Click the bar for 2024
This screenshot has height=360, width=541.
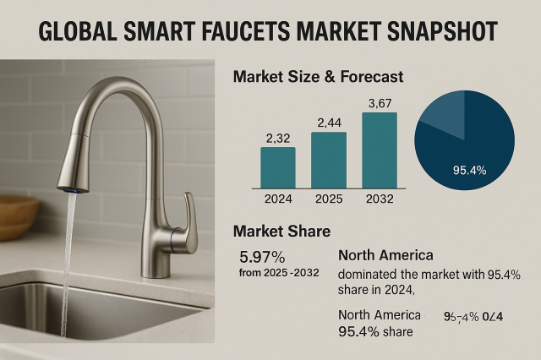pos(278,166)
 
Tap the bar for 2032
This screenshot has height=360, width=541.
pos(379,149)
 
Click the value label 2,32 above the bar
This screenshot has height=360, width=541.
pos(278,137)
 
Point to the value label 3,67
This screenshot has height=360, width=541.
pos(379,103)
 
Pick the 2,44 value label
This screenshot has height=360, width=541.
pos(329,123)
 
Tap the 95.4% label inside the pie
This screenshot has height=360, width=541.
pos(469,170)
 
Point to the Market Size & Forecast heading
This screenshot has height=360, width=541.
pos(318,77)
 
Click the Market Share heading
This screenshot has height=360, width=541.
pos(281,231)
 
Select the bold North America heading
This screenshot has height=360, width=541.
pos(385,255)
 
